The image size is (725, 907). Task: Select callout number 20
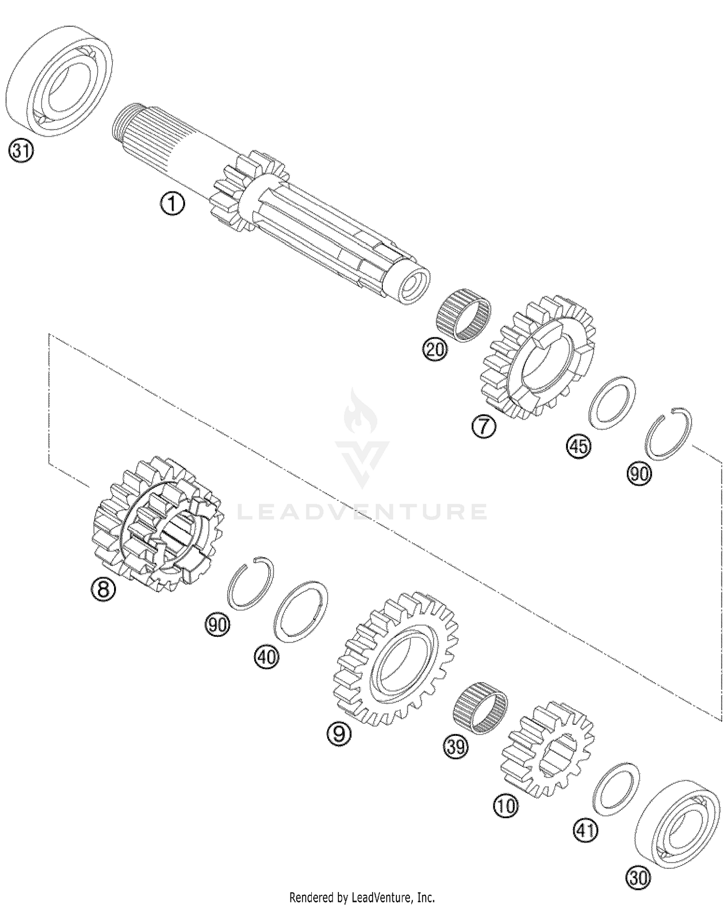(435, 348)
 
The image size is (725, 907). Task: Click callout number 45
(579, 446)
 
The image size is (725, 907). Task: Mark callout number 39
(456, 747)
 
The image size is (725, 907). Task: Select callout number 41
(585, 831)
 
